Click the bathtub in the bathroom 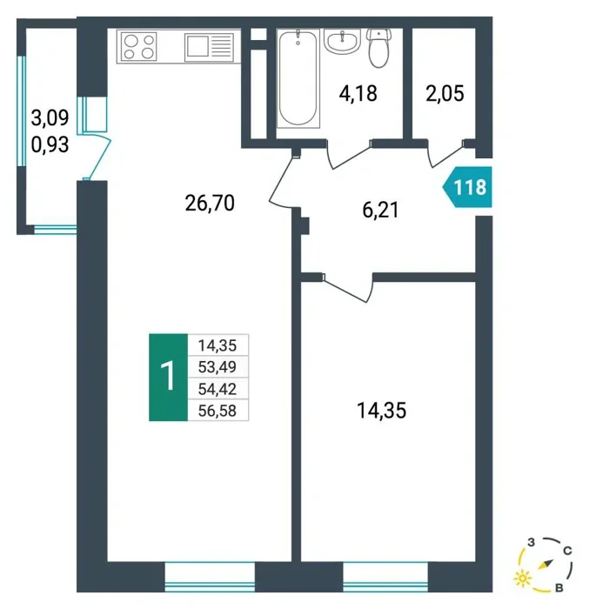[298, 78]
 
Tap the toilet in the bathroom [378, 47]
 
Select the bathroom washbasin [342, 42]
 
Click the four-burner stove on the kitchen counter [138, 47]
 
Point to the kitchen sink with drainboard [209, 47]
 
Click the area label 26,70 [210, 203]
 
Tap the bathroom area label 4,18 [358, 94]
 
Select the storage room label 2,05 [445, 94]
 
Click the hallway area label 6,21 [381, 211]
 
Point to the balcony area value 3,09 [50, 117]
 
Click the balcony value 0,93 [50, 144]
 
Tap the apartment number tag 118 [468, 187]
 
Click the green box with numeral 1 [168, 377]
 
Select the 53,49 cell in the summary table [218, 366]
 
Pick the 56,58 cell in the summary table [218, 410]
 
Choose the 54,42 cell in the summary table [218, 388]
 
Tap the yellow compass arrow [545, 565]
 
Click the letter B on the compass [559, 588]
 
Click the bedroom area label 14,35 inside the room [382, 411]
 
